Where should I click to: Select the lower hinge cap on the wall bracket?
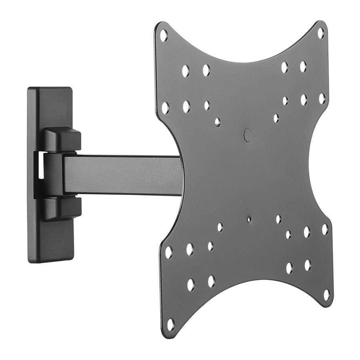click(x=62, y=209)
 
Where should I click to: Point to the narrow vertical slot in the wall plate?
click(x=41, y=165)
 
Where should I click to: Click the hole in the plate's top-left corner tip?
click(x=164, y=35)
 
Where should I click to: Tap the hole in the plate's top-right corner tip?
click(x=321, y=33)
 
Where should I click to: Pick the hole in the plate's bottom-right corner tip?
click(x=327, y=295)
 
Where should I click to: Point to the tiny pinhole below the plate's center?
click(x=249, y=219)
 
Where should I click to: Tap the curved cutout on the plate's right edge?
click(x=316, y=168)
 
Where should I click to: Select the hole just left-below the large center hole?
click(x=217, y=122)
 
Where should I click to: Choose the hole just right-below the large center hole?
click(x=276, y=118)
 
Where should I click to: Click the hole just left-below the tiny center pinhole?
click(x=220, y=227)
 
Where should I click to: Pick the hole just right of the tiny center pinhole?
click(x=278, y=219)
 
